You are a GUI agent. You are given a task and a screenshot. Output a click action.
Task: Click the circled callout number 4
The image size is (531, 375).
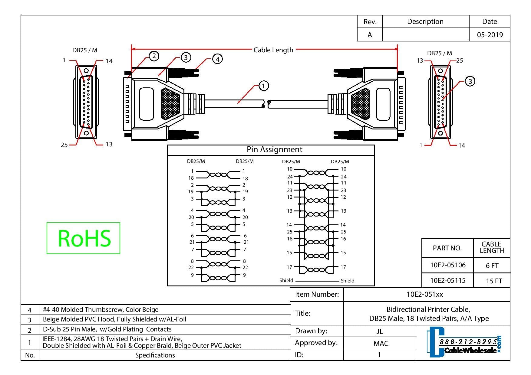click(x=217, y=59)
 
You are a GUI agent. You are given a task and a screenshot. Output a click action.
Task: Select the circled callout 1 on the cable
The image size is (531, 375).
click(x=263, y=86)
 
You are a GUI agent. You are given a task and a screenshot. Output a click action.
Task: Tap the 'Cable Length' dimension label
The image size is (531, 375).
click(x=273, y=50)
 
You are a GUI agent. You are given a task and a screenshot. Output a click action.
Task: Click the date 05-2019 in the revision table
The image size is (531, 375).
click(x=490, y=35)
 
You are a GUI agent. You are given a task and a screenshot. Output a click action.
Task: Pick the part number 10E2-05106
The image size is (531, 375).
click(x=448, y=265)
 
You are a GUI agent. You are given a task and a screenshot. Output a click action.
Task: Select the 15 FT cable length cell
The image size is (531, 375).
click(x=494, y=281)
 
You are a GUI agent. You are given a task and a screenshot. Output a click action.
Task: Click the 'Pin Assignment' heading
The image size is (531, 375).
click(x=274, y=149)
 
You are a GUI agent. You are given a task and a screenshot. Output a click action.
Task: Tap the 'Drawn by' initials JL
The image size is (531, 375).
click(x=380, y=331)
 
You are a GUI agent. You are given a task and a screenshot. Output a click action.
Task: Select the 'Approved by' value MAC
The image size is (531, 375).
click(x=381, y=343)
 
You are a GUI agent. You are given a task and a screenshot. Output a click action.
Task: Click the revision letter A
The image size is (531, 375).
click(x=370, y=35)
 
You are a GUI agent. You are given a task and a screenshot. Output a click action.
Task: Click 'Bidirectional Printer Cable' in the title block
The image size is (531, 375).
click(x=428, y=309)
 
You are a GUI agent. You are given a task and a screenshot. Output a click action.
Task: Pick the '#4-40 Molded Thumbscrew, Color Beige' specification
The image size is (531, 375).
click(x=101, y=310)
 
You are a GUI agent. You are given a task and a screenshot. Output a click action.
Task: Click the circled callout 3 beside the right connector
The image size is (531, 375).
click(x=470, y=81)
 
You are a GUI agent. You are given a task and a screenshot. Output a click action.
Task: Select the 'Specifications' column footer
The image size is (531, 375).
click(x=155, y=355)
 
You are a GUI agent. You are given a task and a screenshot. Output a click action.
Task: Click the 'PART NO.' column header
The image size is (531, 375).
click(x=447, y=248)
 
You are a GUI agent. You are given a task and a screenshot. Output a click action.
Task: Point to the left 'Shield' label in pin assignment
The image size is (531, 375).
click(x=286, y=280)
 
